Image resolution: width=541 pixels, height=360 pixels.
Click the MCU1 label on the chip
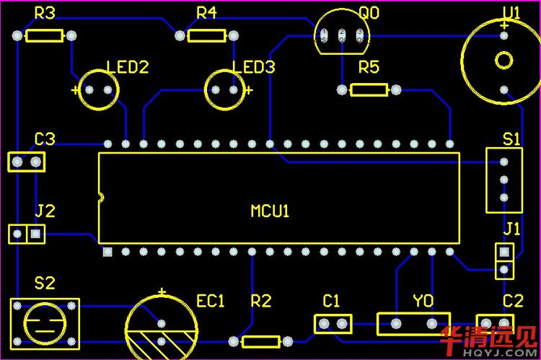coord(270,211)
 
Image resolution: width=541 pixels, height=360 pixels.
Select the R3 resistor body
coord(44,35)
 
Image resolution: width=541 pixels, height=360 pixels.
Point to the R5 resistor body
coord(369,89)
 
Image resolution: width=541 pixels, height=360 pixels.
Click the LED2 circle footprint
coord(97,89)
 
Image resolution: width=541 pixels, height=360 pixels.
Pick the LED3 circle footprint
coord(225,89)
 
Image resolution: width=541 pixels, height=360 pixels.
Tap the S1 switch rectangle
coord(504,180)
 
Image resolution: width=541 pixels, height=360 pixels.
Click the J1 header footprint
coord(504,261)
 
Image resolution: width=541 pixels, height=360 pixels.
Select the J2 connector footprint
coord(26,234)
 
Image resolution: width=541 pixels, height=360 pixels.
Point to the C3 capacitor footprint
coord(26,162)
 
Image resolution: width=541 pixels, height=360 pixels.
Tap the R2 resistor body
coord(260,341)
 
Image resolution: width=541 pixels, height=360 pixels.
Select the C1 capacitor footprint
coord(333,323)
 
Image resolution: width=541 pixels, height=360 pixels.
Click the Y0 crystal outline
coord(413,323)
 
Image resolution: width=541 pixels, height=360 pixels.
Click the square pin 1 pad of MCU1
coord(107,252)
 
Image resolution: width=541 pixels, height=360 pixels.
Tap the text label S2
coord(45,282)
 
